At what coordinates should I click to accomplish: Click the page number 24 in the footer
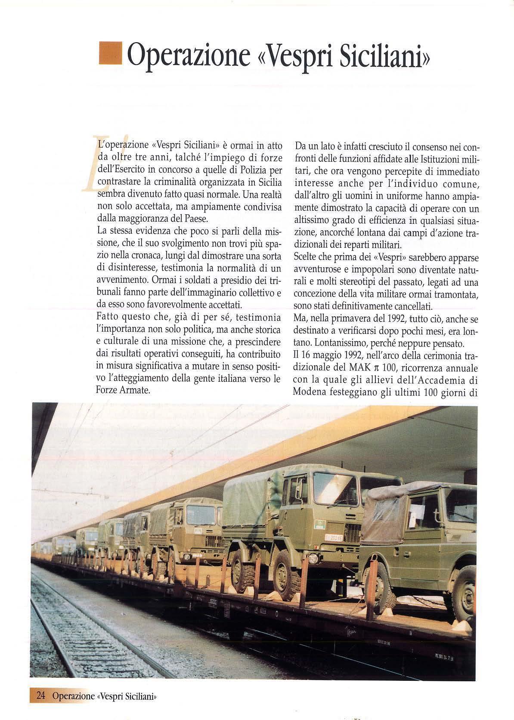click(x=41, y=696)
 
